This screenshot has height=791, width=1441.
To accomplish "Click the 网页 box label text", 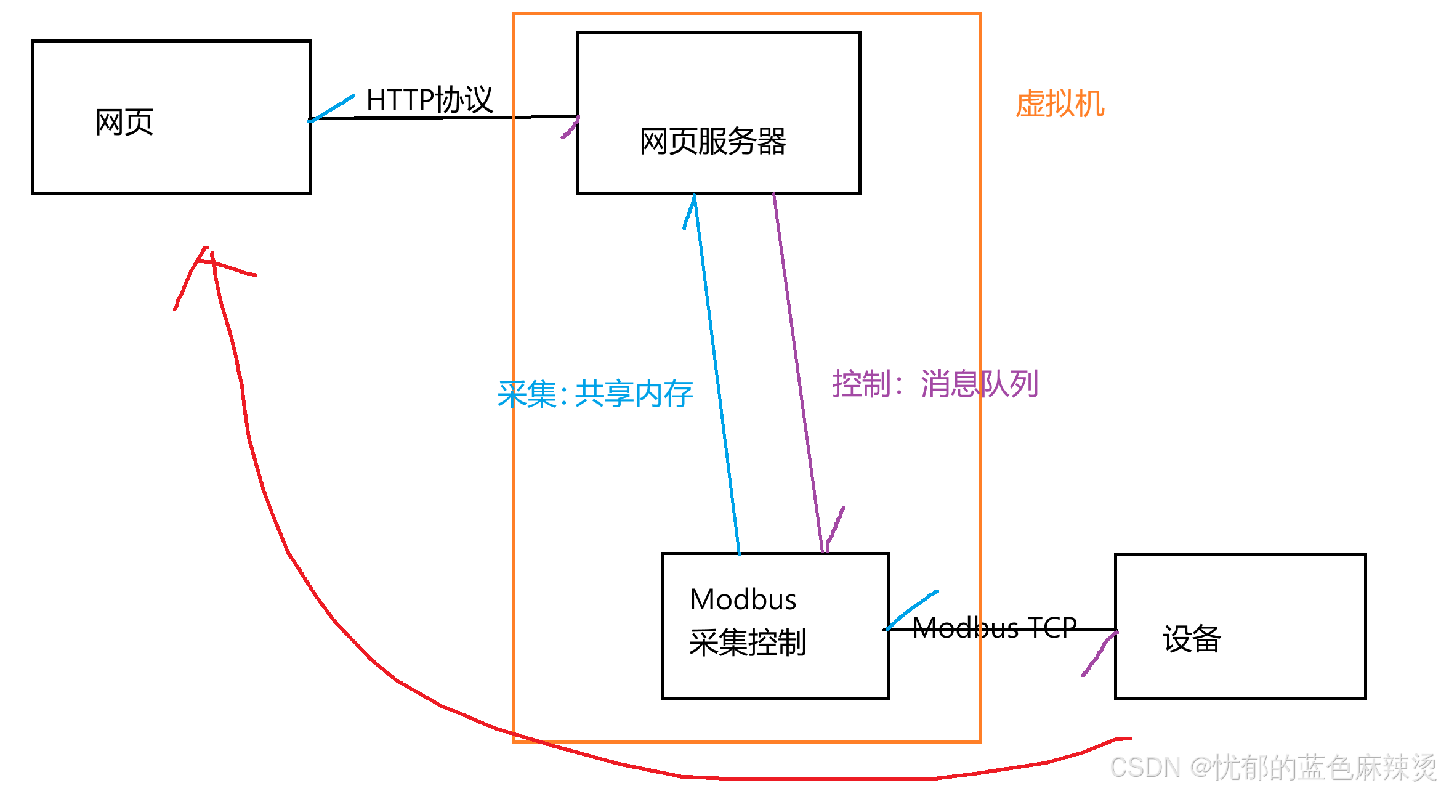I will [124, 122].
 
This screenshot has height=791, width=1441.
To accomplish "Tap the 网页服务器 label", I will [712, 142].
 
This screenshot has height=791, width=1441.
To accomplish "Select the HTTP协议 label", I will [429, 100].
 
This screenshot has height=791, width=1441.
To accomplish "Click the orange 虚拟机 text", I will [1060, 103].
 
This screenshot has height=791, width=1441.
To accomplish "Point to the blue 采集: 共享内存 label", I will [595, 394].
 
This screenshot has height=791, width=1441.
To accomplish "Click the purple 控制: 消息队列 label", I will [935, 384].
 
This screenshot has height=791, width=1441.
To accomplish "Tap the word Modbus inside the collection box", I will [743, 599].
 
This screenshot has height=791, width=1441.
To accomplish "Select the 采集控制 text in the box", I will [747, 643].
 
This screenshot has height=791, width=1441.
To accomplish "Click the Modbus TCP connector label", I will [994, 628].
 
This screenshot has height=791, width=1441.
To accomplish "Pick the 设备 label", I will [1192, 638].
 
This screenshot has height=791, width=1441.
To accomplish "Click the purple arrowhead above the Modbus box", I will [834, 530].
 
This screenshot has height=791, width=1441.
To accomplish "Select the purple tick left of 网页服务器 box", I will [570, 128].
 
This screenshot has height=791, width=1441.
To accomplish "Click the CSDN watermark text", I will [1272, 768].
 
